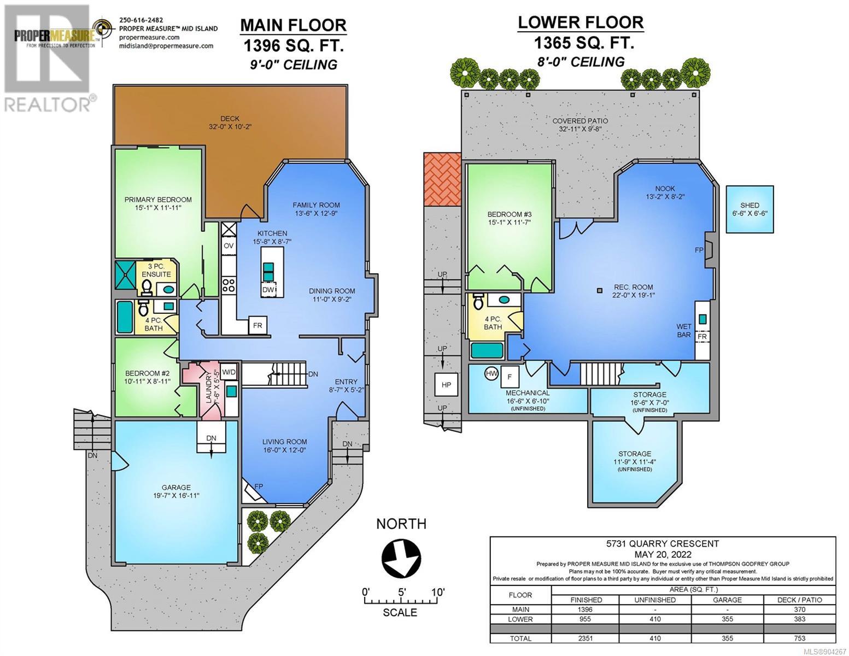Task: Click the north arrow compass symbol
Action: [x=401, y=558]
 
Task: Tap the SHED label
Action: [x=750, y=205]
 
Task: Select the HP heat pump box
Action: [x=446, y=385]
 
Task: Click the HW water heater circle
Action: [x=491, y=373]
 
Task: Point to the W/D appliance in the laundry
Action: [x=229, y=372]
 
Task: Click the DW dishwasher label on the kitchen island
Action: [x=268, y=290]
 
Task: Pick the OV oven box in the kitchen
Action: [x=229, y=245]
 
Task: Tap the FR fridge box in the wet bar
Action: [x=702, y=336]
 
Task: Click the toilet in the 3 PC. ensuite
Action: [x=147, y=288]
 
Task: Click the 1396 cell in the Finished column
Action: [x=585, y=610]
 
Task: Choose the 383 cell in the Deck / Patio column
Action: [x=799, y=619]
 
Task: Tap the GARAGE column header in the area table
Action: [x=727, y=600]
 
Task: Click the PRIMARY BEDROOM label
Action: [x=158, y=200]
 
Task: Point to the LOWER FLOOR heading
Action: [x=581, y=22]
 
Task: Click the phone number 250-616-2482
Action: [x=141, y=20]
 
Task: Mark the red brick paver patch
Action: [x=442, y=179]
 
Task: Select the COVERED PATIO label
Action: [x=580, y=121]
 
